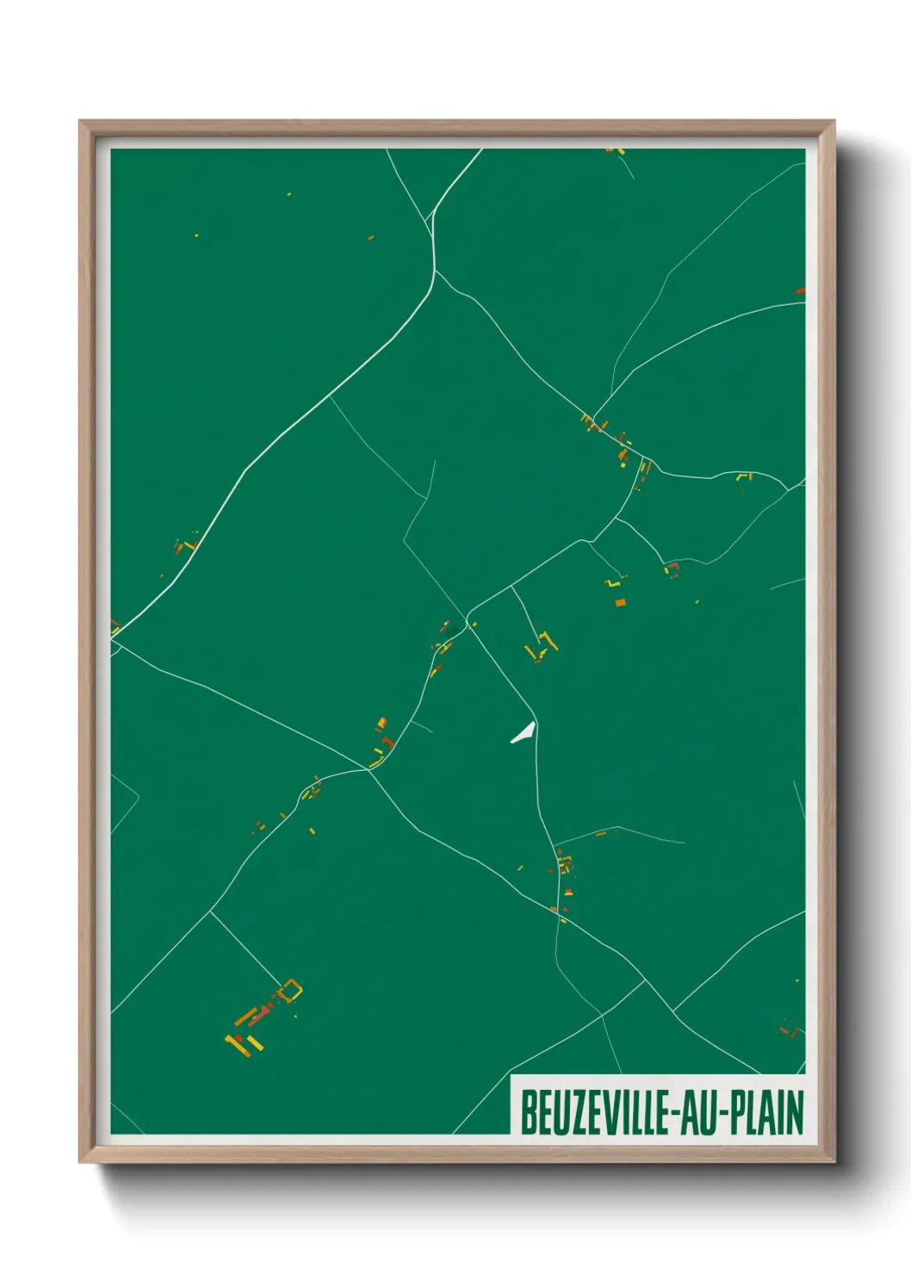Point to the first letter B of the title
pyautogui.click(x=527, y=1112)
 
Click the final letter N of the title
pyautogui.click(x=796, y=1112)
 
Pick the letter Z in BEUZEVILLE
pyautogui.click(x=571, y=1112)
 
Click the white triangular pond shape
pyautogui.click(x=524, y=733)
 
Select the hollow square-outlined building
pyautogui.click(x=292, y=991)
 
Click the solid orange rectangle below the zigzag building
pyautogui.click(x=620, y=602)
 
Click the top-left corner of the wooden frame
pyautogui.click(x=81, y=122)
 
